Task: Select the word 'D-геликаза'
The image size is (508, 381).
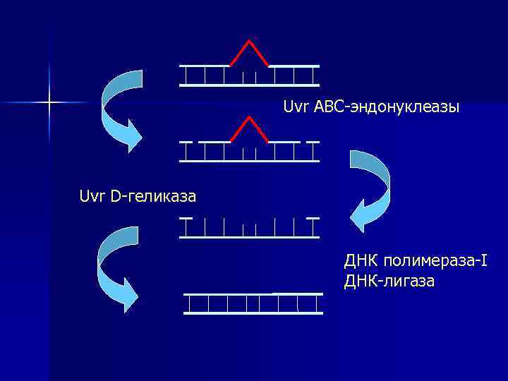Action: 153,195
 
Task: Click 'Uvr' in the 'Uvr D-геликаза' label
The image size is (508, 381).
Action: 92,195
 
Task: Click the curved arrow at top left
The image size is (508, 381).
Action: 116,106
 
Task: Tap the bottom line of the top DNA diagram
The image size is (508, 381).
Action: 249,85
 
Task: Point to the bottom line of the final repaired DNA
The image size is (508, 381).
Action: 253,313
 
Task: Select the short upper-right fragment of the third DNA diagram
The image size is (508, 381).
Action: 313,219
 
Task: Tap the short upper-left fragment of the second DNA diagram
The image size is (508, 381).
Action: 186,142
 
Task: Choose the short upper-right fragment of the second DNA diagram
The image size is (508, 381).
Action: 313,142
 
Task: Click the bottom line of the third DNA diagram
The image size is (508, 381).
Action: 249,236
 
